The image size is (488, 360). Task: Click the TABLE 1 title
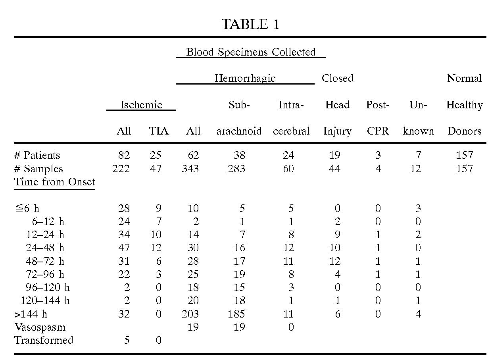click(250, 25)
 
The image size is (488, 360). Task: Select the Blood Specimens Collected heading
click(251, 52)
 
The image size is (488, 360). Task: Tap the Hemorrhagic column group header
click(245, 78)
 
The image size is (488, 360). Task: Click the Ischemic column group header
click(141, 105)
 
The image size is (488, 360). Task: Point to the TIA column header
click(158, 131)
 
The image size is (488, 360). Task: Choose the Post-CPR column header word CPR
click(378, 131)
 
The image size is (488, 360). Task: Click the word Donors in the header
click(464, 131)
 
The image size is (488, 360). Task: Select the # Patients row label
click(37, 155)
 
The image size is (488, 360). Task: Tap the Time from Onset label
click(55, 182)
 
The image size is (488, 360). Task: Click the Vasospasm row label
click(40, 327)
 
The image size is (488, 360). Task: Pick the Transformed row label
click(44, 340)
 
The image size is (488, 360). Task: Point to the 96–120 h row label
click(48, 287)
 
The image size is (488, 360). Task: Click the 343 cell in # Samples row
click(190, 169)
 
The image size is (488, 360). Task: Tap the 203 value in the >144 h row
click(190, 314)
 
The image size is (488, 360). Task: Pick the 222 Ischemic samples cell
click(121, 169)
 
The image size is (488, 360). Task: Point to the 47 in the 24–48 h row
click(124, 248)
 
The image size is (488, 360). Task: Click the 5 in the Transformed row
click(127, 340)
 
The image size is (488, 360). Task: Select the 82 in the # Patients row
click(124, 155)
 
